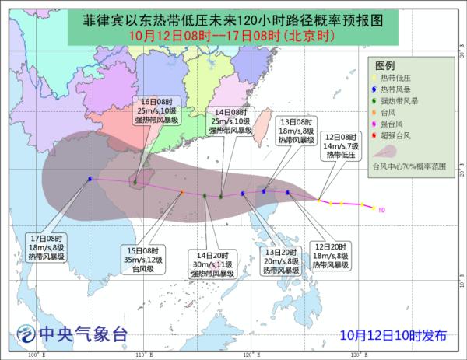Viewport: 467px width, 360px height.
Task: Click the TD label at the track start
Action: point(381,209)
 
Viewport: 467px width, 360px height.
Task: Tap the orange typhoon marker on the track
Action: point(182,192)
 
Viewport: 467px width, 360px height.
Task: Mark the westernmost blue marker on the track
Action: point(90,179)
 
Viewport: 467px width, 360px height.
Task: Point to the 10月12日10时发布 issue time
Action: point(394,336)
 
